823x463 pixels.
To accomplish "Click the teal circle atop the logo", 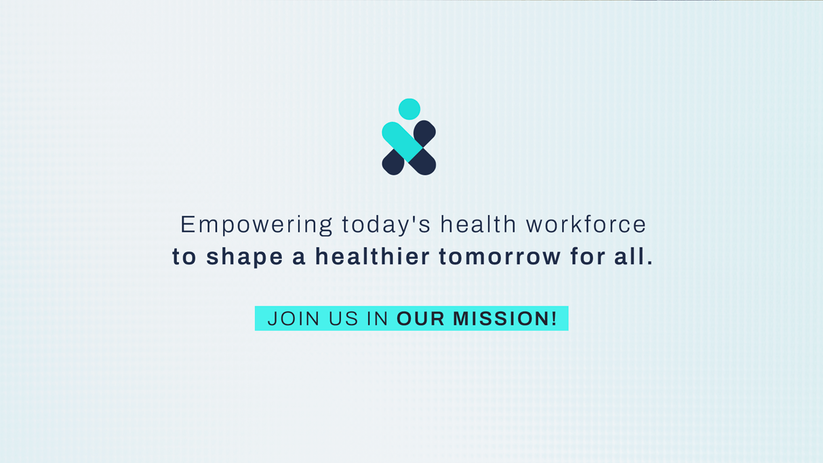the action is tap(409, 108).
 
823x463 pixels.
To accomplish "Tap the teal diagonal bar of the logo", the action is tap(402, 142).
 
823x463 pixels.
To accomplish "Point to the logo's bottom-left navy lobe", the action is tap(393, 163).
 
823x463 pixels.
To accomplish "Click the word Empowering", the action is tap(256, 225).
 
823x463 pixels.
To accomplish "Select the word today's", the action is tap(386, 225).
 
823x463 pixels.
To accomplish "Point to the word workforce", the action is tap(586, 224).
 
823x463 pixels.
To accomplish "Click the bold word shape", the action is tap(245, 257).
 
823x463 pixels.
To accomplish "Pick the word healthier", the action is tap(373, 256).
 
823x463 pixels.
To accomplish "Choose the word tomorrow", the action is tap(500, 257).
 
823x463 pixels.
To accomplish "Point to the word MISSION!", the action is tap(505, 319).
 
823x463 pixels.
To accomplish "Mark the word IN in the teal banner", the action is tap(378, 319).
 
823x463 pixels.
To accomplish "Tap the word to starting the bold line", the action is tap(184, 257).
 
